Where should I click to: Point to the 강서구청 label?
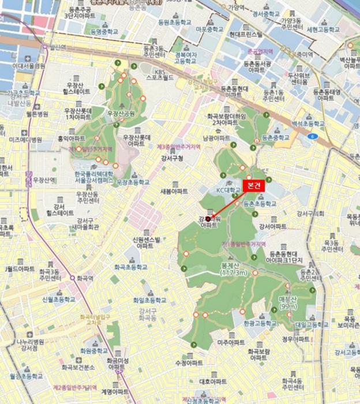pyautogui.click(x=172, y=158)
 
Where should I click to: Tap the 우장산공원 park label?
pyautogui.click(x=121, y=114)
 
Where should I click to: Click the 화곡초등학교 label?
pyautogui.click(x=131, y=267)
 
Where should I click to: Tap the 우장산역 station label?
pyautogui.click(x=44, y=180)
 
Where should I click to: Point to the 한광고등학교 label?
pyautogui.click(x=256, y=324)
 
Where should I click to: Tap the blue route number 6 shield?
pyautogui.click(x=312, y=136)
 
